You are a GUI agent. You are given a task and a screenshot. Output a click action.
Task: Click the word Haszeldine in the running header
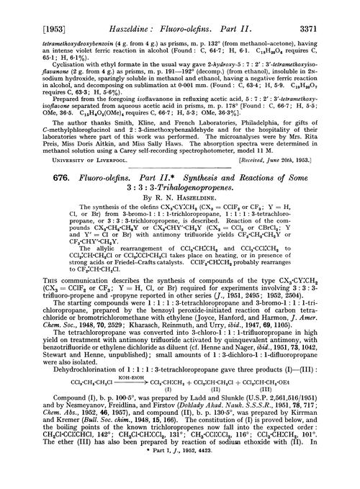click(112, 10)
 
